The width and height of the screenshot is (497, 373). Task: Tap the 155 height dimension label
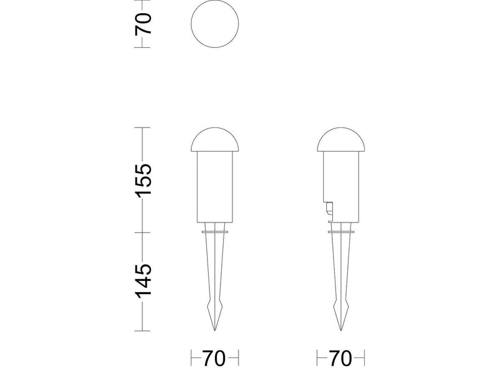click(x=144, y=180)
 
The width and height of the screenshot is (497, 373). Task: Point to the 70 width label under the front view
click(x=214, y=359)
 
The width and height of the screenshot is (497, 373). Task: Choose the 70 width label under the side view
click(x=340, y=359)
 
